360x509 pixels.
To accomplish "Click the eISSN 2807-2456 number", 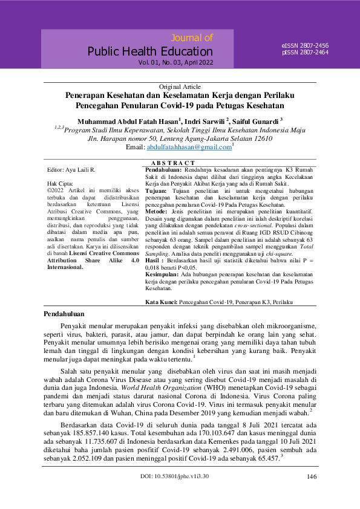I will coord(305,46).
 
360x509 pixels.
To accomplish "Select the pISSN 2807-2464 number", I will coord(305,53).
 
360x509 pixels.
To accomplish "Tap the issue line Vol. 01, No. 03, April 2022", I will coord(175,62).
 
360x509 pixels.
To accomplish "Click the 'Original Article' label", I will coord(180,87).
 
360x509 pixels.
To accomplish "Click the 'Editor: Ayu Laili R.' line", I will coord(70,170).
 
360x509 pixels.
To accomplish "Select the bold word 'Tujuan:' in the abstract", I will coord(157,190).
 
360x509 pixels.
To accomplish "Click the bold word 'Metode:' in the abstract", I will coord(157,211).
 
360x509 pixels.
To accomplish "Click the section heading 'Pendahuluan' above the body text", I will coord(65,314).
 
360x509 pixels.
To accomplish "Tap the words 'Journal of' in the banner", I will coord(192,38).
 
